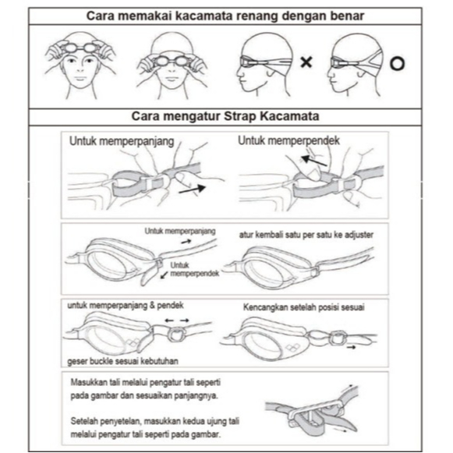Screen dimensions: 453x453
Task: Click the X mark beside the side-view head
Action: point(306,62)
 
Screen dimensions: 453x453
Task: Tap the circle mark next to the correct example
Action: point(397,64)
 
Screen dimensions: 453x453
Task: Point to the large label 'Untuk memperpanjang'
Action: point(122,142)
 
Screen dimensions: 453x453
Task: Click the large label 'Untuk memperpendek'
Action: point(288,140)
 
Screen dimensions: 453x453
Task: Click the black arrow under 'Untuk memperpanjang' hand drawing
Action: point(192,189)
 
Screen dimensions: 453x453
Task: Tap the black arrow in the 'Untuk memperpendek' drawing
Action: point(313,161)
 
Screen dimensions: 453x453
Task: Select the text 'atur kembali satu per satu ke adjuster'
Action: point(306,235)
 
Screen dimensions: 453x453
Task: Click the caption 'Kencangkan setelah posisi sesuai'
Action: point(303,307)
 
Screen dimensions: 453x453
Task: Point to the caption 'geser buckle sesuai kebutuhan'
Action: point(122,361)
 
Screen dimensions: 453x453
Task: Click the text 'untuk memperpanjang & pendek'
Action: point(126,306)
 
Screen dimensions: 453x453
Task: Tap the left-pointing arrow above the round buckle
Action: point(169,320)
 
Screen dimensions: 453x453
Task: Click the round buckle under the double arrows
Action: point(176,334)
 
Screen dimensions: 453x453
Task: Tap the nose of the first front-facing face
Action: point(80,69)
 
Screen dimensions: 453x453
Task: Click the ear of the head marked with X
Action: point(271,72)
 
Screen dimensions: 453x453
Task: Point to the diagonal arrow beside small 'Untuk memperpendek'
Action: point(165,274)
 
